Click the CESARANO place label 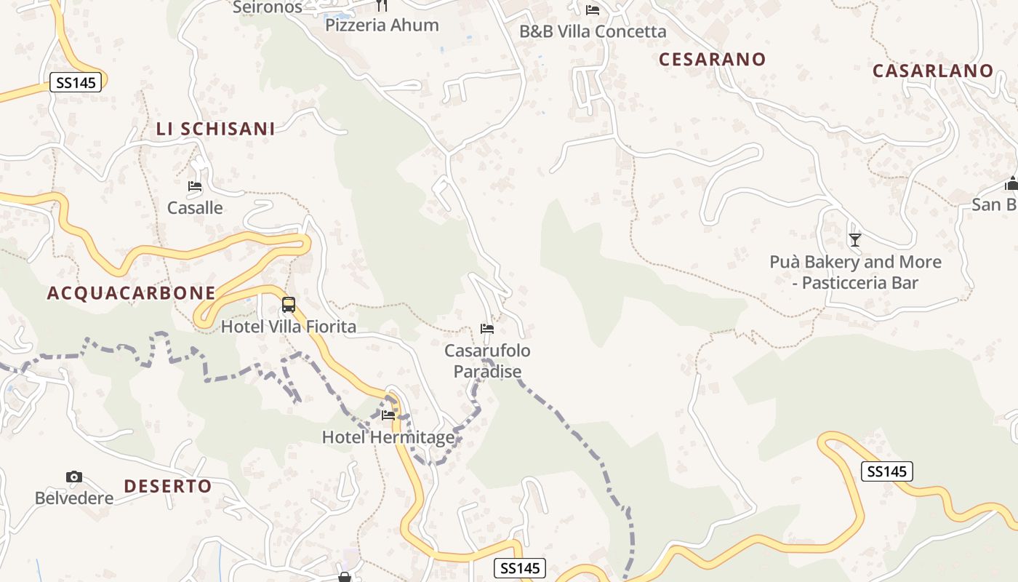(713, 60)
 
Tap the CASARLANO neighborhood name (933, 71)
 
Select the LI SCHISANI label (216, 129)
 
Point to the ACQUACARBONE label (132, 293)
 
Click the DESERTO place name (168, 486)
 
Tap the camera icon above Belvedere (74, 477)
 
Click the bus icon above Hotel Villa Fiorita (289, 305)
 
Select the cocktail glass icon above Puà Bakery (855, 239)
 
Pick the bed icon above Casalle (195, 186)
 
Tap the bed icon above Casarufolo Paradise (487, 329)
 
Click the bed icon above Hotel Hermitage (388, 415)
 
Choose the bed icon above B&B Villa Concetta (593, 10)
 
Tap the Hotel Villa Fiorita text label (289, 327)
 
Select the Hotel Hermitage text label (388, 437)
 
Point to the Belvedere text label (74, 498)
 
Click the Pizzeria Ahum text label (382, 25)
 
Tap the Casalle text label (195, 208)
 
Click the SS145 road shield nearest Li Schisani (76, 82)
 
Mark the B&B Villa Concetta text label (593, 32)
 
